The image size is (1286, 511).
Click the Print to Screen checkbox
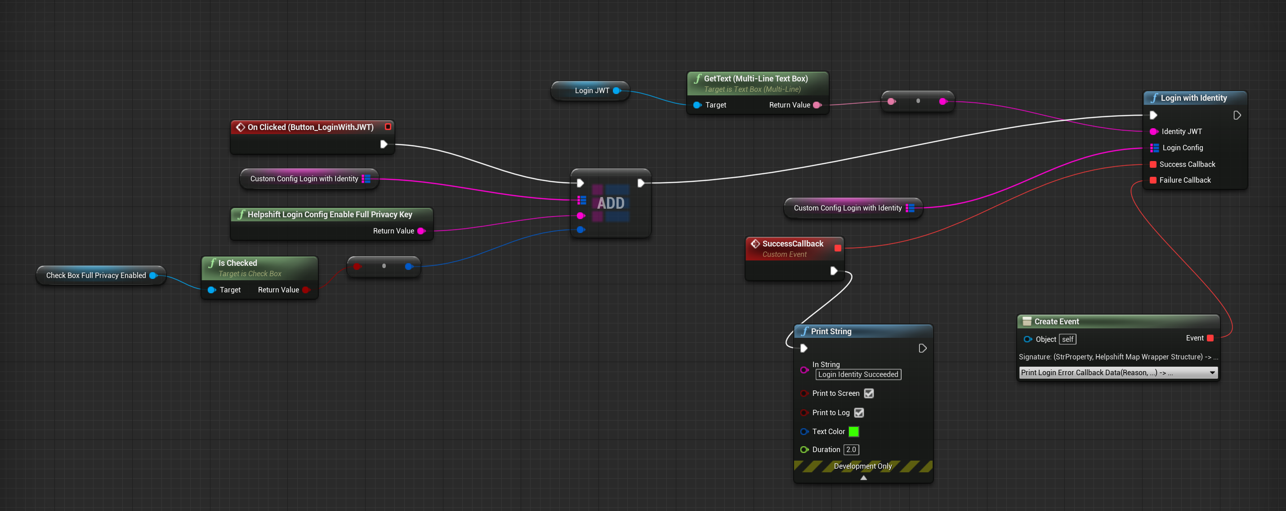pyautogui.click(x=869, y=394)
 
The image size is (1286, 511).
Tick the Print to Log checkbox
pyautogui.click(x=859, y=412)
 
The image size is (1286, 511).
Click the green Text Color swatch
pyautogui.click(x=854, y=431)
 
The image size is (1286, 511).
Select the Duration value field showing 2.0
pyautogui.click(x=851, y=449)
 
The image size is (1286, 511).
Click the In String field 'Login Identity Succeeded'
pyautogui.click(x=857, y=375)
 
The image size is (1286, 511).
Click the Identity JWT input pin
pyautogui.click(x=1154, y=132)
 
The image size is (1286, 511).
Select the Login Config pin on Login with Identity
pyautogui.click(x=1154, y=148)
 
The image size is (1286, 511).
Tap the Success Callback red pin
pyautogui.click(x=1153, y=164)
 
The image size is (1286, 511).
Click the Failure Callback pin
pyautogui.click(x=1153, y=180)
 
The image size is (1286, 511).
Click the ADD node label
pyautogui.click(x=611, y=203)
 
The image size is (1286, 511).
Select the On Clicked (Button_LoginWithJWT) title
pyautogui.click(x=310, y=127)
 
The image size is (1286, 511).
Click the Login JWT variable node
pyautogui.click(x=591, y=91)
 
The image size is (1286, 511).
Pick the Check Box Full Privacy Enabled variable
pyautogui.click(x=96, y=276)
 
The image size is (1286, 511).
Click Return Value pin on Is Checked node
pyautogui.click(x=305, y=290)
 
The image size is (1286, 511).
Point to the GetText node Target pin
pyautogui.click(x=697, y=105)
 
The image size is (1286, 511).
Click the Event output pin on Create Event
pyautogui.click(x=1210, y=339)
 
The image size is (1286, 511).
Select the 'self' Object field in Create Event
pyautogui.click(x=1067, y=340)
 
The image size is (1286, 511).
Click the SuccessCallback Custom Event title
pyautogui.click(x=792, y=244)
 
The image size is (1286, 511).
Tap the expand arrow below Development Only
pyautogui.click(x=863, y=478)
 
